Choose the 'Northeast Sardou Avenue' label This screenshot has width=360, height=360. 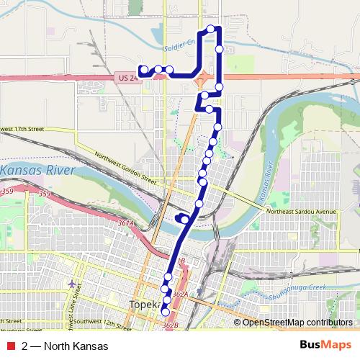point(301,212)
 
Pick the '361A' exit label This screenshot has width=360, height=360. point(127,225)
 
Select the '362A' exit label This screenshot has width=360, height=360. point(180,294)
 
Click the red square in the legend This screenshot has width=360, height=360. point(11,346)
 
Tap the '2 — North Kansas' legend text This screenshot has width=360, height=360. point(65,346)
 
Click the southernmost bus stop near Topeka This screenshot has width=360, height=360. point(165,312)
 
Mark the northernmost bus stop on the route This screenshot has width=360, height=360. point(211,29)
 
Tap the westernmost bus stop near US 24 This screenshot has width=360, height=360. point(143,70)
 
